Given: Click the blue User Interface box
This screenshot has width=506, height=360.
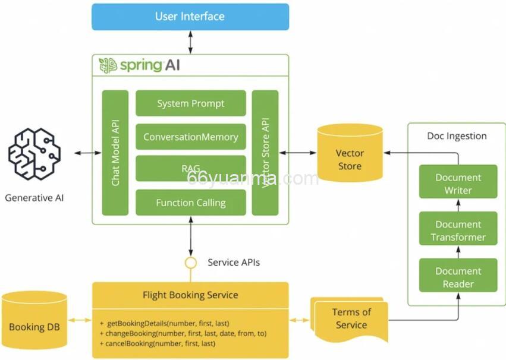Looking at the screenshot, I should click(190, 17).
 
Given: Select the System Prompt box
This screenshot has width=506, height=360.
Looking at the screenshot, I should click(191, 103).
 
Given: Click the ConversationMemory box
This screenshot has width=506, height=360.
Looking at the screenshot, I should click(191, 137).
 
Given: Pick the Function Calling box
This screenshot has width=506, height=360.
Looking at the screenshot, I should click(191, 203).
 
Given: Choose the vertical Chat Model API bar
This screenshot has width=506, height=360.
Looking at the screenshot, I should click(115, 153).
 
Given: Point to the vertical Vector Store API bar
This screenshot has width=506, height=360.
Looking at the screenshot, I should click(265, 153).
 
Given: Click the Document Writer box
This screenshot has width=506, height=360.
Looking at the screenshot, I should click(458, 184).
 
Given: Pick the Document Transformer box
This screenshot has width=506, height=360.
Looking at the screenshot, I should click(458, 230).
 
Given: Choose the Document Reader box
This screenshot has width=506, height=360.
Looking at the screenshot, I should click(458, 277).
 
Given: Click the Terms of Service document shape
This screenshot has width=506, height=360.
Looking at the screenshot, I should click(350, 318).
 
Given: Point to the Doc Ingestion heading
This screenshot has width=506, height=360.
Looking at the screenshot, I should click(457, 136).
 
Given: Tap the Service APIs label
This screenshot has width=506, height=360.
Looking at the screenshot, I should click(234, 262).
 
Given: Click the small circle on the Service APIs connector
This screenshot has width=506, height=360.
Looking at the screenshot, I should click(190, 262).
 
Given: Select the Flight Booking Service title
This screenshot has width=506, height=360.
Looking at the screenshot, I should click(190, 295).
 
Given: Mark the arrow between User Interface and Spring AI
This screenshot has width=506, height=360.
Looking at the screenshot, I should click(190, 42).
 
